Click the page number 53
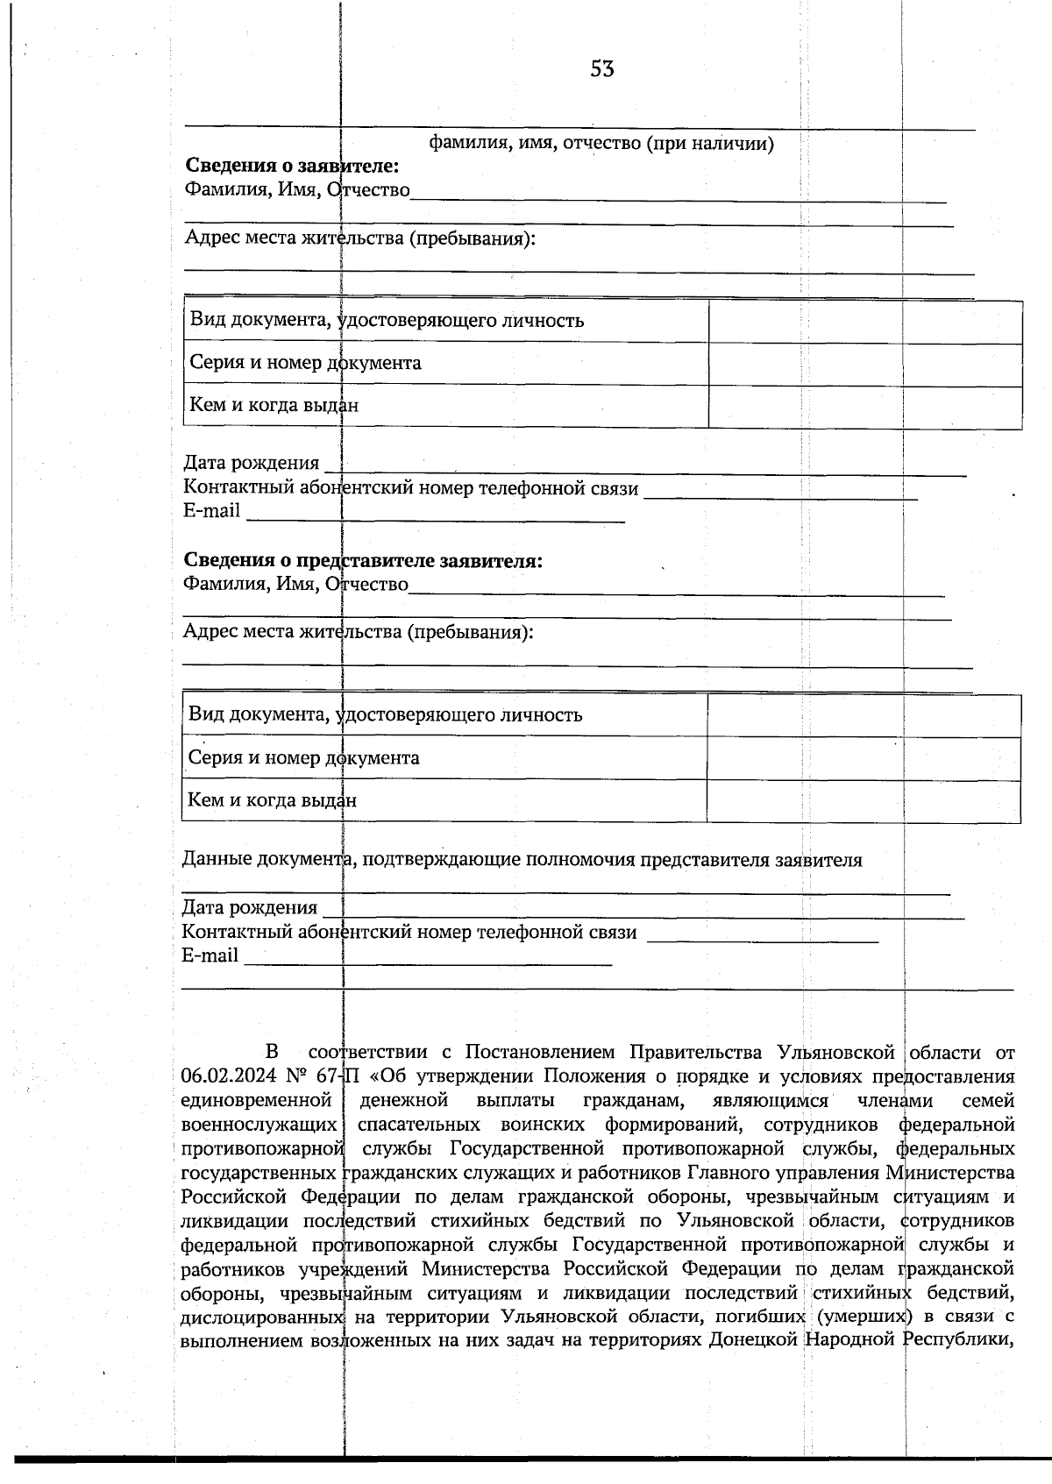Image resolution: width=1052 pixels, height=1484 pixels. [x=601, y=69]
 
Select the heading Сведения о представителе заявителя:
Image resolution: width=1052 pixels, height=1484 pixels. [x=362, y=560]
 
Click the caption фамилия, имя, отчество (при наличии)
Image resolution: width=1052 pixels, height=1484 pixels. [x=601, y=143]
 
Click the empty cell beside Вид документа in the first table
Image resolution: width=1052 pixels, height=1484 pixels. [x=864, y=321]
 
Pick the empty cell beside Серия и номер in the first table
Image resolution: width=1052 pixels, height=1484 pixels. [x=864, y=364]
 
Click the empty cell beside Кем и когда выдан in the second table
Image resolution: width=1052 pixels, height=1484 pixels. [x=863, y=801]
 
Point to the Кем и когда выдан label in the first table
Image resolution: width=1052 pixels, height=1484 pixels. [x=274, y=405]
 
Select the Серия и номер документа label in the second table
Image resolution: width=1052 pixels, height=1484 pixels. [x=303, y=757]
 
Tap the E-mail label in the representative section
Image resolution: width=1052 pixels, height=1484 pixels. [x=210, y=955]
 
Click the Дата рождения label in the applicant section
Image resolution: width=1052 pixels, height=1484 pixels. [x=251, y=463]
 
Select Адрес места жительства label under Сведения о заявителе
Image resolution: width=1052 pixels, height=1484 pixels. [x=359, y=238]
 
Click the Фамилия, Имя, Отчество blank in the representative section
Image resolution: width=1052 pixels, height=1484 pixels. [x=676, y=588]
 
